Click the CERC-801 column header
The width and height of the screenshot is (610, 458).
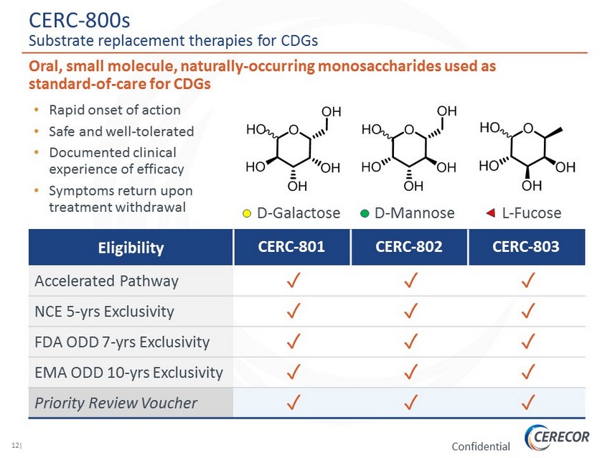pos(292,247)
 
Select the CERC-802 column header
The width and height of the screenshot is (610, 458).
pos(409,247)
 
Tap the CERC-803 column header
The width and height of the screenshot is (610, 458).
pos(527,247)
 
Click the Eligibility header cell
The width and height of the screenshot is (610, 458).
pos(131,248)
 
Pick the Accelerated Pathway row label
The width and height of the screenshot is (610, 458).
pos(106,281)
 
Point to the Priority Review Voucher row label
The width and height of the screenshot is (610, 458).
pos(116,403)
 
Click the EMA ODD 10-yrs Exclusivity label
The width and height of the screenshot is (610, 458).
pos(128,373)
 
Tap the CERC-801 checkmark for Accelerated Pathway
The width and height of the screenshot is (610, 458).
pos(292,281)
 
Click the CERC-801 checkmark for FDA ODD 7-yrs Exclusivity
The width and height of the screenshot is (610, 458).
pos(292,342)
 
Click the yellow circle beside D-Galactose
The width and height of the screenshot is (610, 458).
pos(247,214)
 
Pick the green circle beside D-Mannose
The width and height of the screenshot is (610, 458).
pos(365,214)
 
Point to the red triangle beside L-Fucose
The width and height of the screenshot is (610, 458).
pos(491,213)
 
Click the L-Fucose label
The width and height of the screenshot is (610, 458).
pos(531,214)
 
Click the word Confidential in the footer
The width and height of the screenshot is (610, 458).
pos(481,447)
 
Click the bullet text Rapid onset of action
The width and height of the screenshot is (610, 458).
pos(115,111)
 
